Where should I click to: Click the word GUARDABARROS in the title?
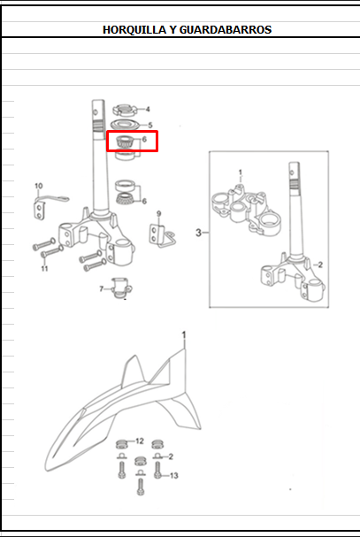pos(226,30)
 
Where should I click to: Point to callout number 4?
pos(148,109)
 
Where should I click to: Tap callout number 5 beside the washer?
pos(150,126)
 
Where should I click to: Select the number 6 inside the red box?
pos(144,140)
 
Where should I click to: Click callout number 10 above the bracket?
pos(39,186)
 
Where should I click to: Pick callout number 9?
pos(158,214)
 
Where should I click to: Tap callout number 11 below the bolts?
pos(44,269)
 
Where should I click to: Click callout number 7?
pos(102,289)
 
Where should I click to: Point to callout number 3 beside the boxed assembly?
pos(198,233)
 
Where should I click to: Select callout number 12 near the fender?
pos(140,441)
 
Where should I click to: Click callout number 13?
pos(174,476)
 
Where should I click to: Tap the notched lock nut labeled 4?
pos(125,111)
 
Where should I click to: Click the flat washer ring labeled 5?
pos(126,125)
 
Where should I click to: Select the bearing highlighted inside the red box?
pos(125,142)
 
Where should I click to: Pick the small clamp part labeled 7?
pos(121,288)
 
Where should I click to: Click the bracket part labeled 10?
pos(48,204)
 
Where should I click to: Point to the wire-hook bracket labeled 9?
pos(162,235)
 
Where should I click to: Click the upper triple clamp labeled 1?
pos(246,210)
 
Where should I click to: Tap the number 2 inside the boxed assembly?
pos(320,265)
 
